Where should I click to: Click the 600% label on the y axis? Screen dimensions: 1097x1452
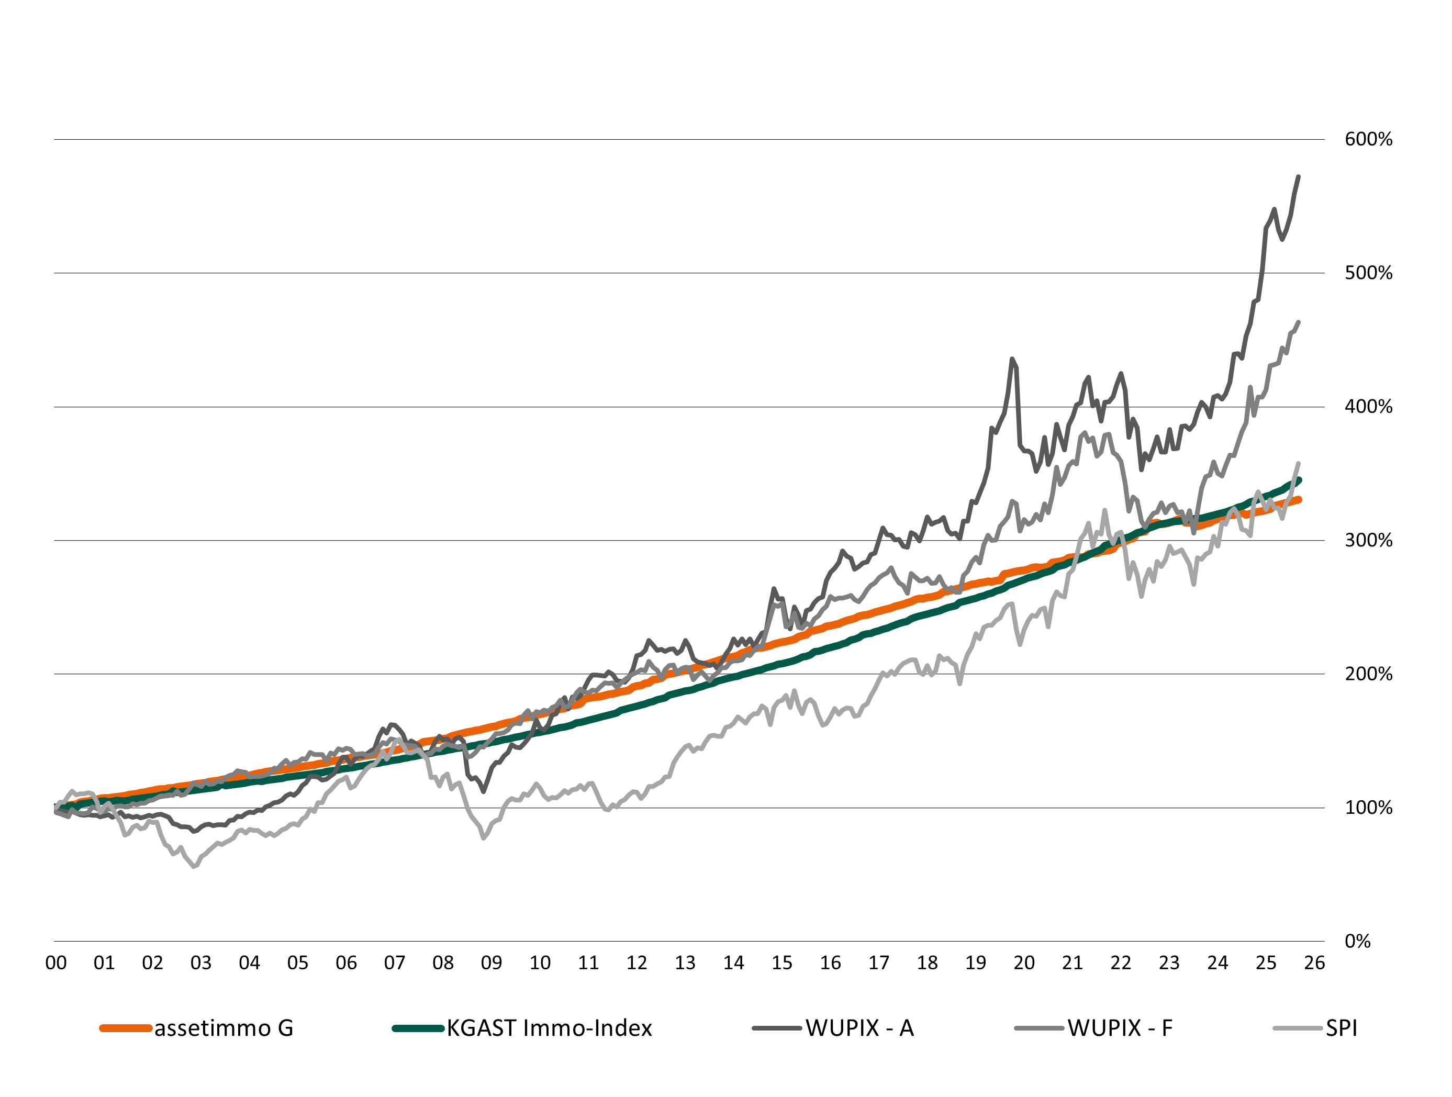tap(1368, 139)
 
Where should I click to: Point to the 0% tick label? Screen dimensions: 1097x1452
tap(1357, 942)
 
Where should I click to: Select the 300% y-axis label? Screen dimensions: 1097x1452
tap(1368, 540)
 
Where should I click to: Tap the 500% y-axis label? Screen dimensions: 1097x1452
tap(1368, 273)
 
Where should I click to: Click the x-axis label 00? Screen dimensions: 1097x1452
tap(56, 963)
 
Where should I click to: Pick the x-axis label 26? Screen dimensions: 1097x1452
tap(1314, 963)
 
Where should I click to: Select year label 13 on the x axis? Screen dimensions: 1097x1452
tap(685, 963)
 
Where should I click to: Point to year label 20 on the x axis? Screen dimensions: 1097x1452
tap(1024, 963)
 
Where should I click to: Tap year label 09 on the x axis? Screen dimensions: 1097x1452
tap(491, 963)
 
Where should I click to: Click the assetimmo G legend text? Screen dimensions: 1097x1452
tap(223, 1028)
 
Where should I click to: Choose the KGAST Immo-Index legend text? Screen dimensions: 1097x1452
tap(550, 1028)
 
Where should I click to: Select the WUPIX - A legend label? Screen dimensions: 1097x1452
tap(859, 1028)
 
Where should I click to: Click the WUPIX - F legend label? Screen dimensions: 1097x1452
tap(1120, 1028)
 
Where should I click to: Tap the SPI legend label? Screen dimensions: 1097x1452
tap(1341, 1028)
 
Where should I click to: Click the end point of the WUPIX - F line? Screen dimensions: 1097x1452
tap(1299, 322)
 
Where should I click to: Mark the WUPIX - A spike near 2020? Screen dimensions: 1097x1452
tap(1012, 359)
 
